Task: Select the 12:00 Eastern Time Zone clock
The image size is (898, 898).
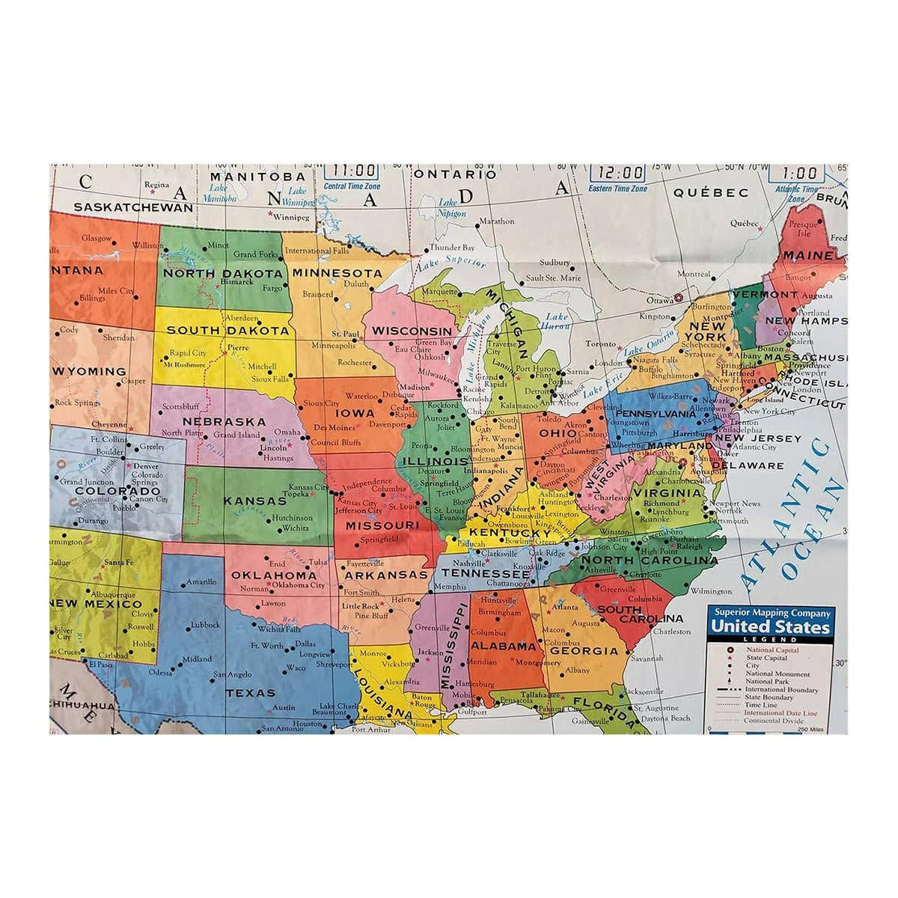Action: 617,173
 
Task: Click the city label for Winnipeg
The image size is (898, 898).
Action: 292,218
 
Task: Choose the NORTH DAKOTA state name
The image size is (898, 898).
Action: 224,273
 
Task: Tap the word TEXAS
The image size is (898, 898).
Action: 251,693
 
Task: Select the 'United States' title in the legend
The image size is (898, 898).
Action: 770,626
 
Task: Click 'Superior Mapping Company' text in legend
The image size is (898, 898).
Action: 770,612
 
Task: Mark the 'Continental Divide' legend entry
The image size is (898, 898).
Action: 773,721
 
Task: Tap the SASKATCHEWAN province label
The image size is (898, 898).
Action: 132,207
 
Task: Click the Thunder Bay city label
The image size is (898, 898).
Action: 452,247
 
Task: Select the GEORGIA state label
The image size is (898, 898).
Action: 584,651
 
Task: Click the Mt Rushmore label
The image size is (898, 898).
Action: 184,364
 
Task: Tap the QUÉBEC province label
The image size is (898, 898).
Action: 710,192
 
